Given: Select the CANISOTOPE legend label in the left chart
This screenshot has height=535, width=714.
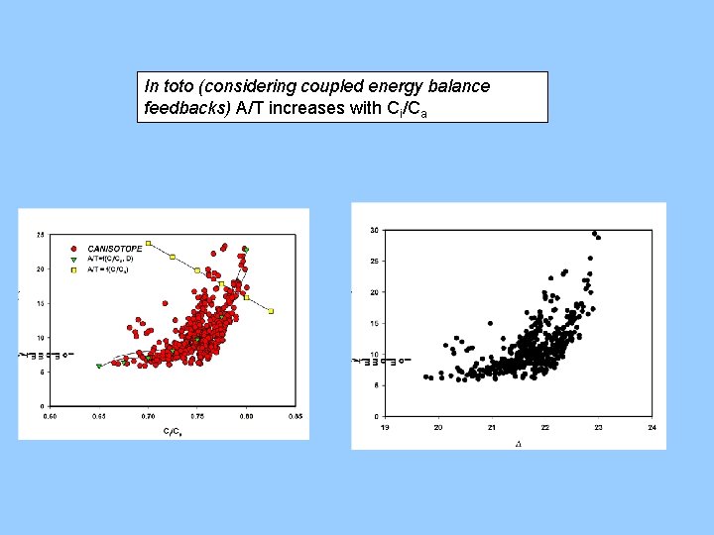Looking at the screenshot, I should pyautogui.click(x=115, y=249).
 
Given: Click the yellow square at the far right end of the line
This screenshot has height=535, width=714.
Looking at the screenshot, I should pyautogui.click(x=271, y=311).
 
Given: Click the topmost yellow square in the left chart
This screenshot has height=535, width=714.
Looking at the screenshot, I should pyautogui.click(x=148, y=243).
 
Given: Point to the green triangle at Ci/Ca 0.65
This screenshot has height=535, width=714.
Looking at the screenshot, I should pyautogui.click(x=98, y=367).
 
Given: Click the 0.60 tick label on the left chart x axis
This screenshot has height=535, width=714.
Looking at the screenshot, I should pyautogui.click(x=50, y=417).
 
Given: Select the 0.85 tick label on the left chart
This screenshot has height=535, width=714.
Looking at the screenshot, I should pyautogui.click(x=295, y=417).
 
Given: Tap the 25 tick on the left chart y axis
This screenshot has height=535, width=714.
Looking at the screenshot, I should pyautogui.click(x=40, y=235).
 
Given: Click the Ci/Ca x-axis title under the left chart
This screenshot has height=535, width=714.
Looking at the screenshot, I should pyautogui.click(x=172, y=431).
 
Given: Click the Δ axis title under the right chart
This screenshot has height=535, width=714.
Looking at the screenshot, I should pyautogui.click(x=518, y=443).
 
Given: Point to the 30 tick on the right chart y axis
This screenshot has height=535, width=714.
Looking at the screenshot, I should pyautogui.click(x=374, y=230).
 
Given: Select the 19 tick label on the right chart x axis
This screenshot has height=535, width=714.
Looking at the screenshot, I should pyautogui.click(x=385, y=427).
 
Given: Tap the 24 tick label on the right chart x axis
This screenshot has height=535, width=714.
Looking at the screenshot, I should pyautogui.click(x=652, y=427).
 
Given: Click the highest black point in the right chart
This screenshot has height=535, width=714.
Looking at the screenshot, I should pyautogui.click(x=594, y=233).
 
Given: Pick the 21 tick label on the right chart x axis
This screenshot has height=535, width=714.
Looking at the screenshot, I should pyautogui.click(x=492, y=427).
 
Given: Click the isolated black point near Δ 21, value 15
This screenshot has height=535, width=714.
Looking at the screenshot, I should pyautogui.click(x=490, y=322).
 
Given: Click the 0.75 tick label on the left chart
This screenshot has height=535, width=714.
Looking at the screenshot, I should pyautogui.click(x=196, y=417).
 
